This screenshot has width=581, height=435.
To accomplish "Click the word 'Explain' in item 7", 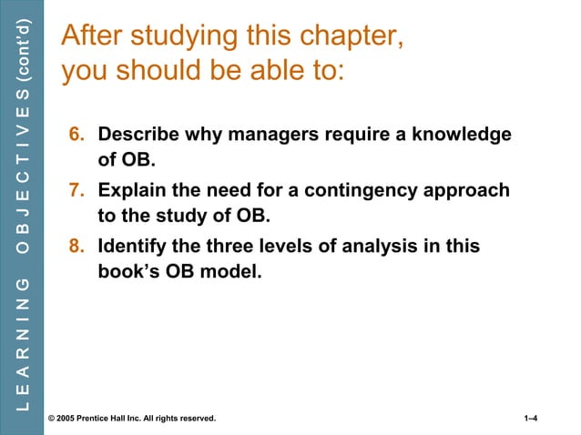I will point(131,191).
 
